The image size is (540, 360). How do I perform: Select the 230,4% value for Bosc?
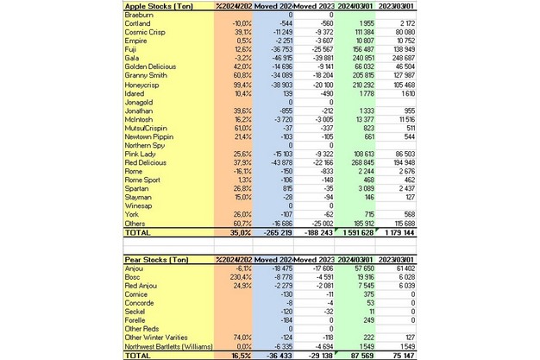point(235,278)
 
